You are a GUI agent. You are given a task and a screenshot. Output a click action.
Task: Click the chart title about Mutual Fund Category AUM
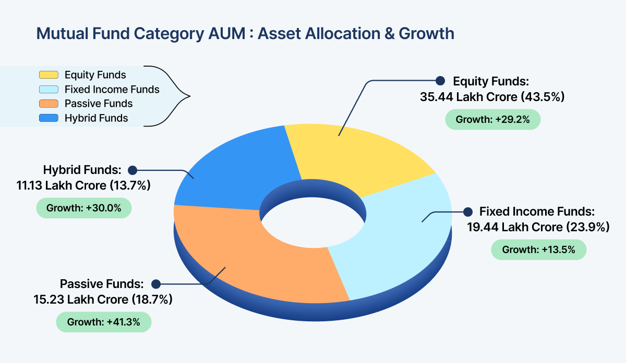(x=245, y=33)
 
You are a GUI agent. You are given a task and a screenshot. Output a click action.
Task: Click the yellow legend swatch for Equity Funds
(x=49, y=75)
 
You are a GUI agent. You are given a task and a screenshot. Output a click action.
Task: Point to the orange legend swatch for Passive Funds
(x=49, y=104)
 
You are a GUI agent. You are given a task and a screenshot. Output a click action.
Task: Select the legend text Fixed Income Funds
(x=112, y=90)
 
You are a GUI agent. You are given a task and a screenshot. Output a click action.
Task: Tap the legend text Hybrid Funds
(x=96, y=118)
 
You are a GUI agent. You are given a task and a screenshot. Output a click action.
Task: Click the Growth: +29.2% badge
(x=492, y=119)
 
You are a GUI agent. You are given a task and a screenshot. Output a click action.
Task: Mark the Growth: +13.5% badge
(x=538, y=250)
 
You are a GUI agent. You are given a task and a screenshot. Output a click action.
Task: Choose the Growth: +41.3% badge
(x=104, y=322)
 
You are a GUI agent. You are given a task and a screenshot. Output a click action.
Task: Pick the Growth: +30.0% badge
(x=83, y=208)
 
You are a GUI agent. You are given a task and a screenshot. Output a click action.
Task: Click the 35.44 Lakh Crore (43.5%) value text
(x=492, y=97)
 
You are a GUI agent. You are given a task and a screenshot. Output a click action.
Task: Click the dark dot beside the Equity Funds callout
(x=440, y=81)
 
